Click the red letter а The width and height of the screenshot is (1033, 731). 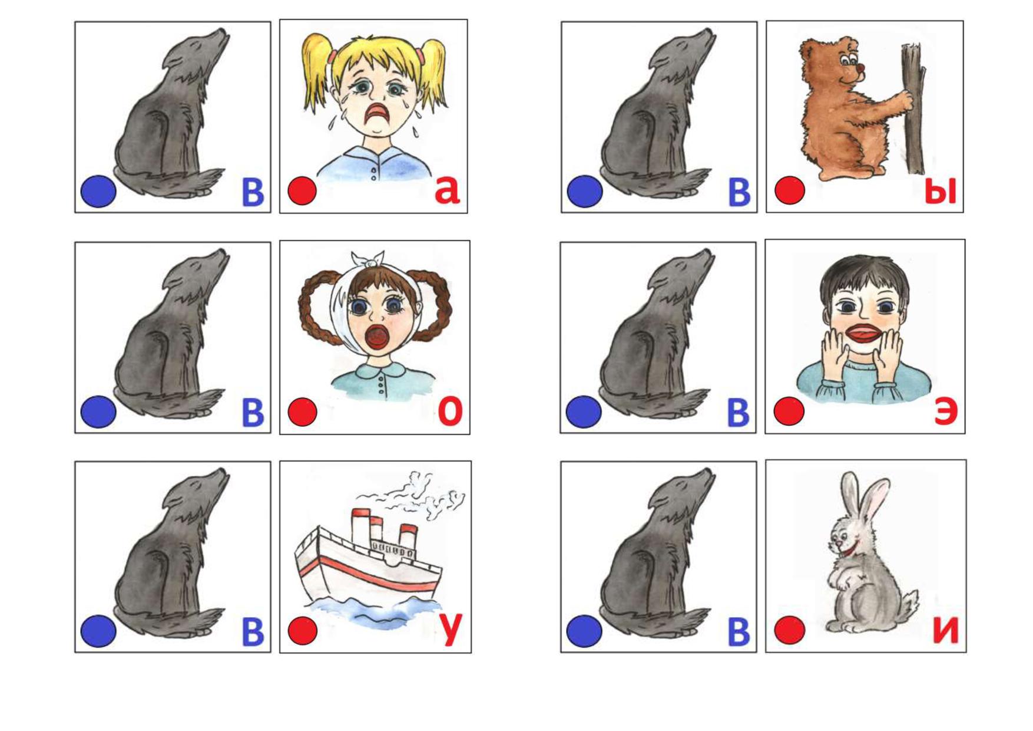[448, 190]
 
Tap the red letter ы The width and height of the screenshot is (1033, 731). [941, 191]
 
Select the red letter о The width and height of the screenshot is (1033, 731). [450, 411]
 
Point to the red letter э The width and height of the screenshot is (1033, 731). [946, 411]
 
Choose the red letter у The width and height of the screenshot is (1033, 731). [450, 630]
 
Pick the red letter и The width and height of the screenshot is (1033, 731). [946, 630]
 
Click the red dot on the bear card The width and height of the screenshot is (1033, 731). [790, 190]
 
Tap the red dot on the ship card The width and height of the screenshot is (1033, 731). [303, 631]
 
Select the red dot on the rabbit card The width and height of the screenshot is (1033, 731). [790, 630]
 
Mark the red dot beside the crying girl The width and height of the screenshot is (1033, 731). [302, 191]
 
